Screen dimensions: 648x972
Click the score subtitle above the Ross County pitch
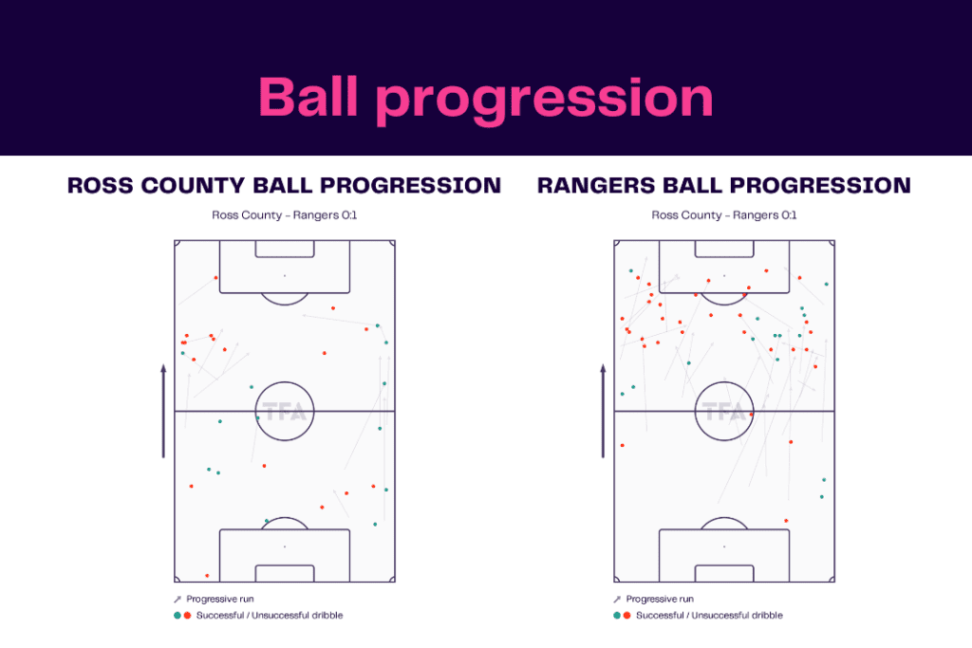pos(284,215)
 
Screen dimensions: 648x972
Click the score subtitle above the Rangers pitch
pos(723,215)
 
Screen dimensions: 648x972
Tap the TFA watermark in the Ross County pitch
pos(284,412)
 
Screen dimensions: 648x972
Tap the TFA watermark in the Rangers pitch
pos(723,412)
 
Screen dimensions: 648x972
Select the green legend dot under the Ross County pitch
pos(177,616)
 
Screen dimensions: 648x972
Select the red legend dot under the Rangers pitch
pos(626,616)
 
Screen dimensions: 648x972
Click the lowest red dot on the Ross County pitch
pos(207,576)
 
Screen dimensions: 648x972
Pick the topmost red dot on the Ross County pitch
pos(216,278)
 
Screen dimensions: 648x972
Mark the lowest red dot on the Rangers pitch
pos(786,521)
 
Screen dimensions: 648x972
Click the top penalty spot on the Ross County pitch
pos(284,276)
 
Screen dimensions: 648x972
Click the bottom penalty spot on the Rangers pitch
pos(723,546)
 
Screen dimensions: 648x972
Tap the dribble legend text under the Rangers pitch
pos(709,616)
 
